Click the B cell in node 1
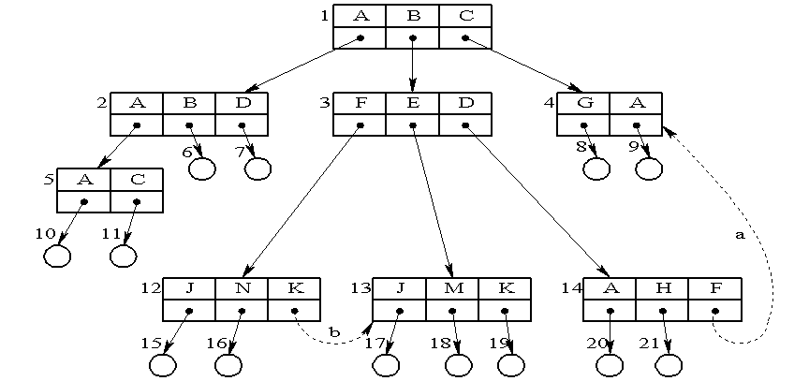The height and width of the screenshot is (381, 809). click(413, 16)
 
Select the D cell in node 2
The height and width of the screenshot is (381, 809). click(242, 103)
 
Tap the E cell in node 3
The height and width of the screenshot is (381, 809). click(413, 103)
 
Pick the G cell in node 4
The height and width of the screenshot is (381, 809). click(583, 103)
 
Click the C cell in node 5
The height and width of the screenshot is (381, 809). click(137, 180)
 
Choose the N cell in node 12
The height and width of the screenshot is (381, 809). click(242, 289)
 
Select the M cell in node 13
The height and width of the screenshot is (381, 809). click(453, 289)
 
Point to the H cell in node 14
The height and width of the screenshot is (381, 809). click(664, 289)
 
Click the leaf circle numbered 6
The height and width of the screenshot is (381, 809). click(201, 169)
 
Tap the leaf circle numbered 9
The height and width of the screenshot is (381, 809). click(648, 169)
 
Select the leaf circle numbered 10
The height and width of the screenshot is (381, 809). click(58, 256)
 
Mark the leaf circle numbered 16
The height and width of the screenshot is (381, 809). click(228, 365)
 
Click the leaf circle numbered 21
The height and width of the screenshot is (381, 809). click(669, 365)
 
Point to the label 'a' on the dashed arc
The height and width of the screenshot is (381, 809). click(740, 235)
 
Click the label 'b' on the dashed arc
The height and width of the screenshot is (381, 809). click(334, 331)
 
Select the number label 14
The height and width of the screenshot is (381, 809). click(570, 289)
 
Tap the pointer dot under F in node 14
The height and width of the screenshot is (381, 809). click(715, 311)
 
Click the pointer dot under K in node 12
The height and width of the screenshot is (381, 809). click(294, 311)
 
